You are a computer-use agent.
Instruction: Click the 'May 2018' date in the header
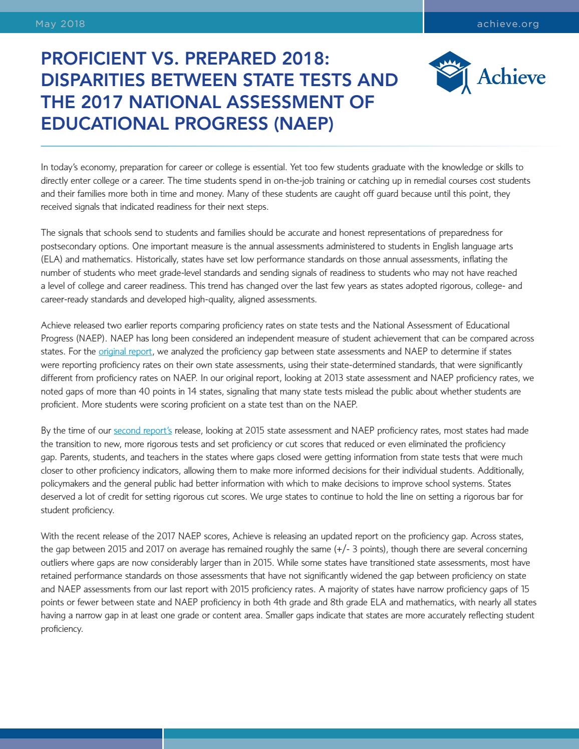point(60,24)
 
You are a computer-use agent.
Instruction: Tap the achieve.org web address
point(508,24)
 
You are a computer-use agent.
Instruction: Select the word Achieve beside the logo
point(511,77)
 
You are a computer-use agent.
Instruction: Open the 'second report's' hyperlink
point(143,430)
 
